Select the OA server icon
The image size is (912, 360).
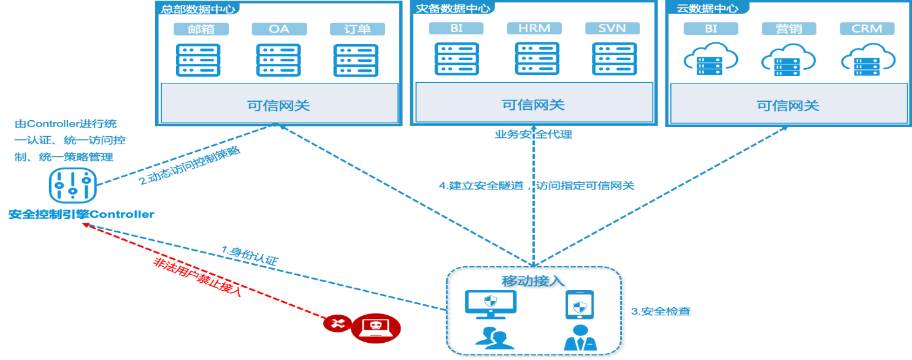(279, 60)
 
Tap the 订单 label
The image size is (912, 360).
(357, 29)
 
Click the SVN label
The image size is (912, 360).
(612, 28)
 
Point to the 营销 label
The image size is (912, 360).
(789, 29)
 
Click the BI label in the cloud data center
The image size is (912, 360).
(711, 29)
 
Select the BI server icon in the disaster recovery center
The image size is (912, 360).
(456, 59)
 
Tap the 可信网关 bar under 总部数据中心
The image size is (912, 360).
(279, 105)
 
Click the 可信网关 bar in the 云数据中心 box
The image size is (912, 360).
(788, 105)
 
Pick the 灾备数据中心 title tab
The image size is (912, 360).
(453, 8)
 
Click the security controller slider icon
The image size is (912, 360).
(72, 188)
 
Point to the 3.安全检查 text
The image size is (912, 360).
(661, 312)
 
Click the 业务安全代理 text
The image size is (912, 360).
(534, 134)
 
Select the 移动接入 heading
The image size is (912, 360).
(533, 281)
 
